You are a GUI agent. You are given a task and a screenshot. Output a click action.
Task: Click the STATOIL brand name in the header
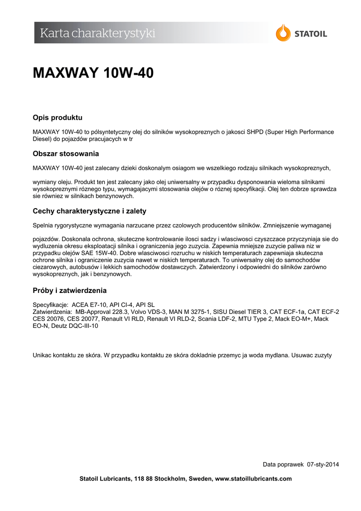click(310, 34)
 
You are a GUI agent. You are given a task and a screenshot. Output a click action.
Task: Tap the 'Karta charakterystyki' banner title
click(98, 33)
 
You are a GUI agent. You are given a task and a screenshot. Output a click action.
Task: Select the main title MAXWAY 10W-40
click(93, 73)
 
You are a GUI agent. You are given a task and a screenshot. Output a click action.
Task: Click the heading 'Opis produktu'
click(57, 118)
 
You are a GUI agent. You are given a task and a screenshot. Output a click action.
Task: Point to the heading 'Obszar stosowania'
click(66, 154)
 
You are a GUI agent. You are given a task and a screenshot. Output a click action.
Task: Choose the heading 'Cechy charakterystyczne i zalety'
click(89, 211)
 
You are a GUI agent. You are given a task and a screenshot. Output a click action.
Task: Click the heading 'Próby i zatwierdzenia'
click(69, 290)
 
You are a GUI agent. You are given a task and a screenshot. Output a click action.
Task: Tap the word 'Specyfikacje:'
click(50, 304)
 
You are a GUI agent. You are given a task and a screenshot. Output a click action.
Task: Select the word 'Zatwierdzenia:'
click(52, 311)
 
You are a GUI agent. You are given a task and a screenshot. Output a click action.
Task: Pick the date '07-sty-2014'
click(323, 465)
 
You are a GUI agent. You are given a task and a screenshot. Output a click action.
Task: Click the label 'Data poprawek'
click(283, 465)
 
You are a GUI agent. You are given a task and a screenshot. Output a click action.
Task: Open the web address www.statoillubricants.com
click(253, 479)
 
